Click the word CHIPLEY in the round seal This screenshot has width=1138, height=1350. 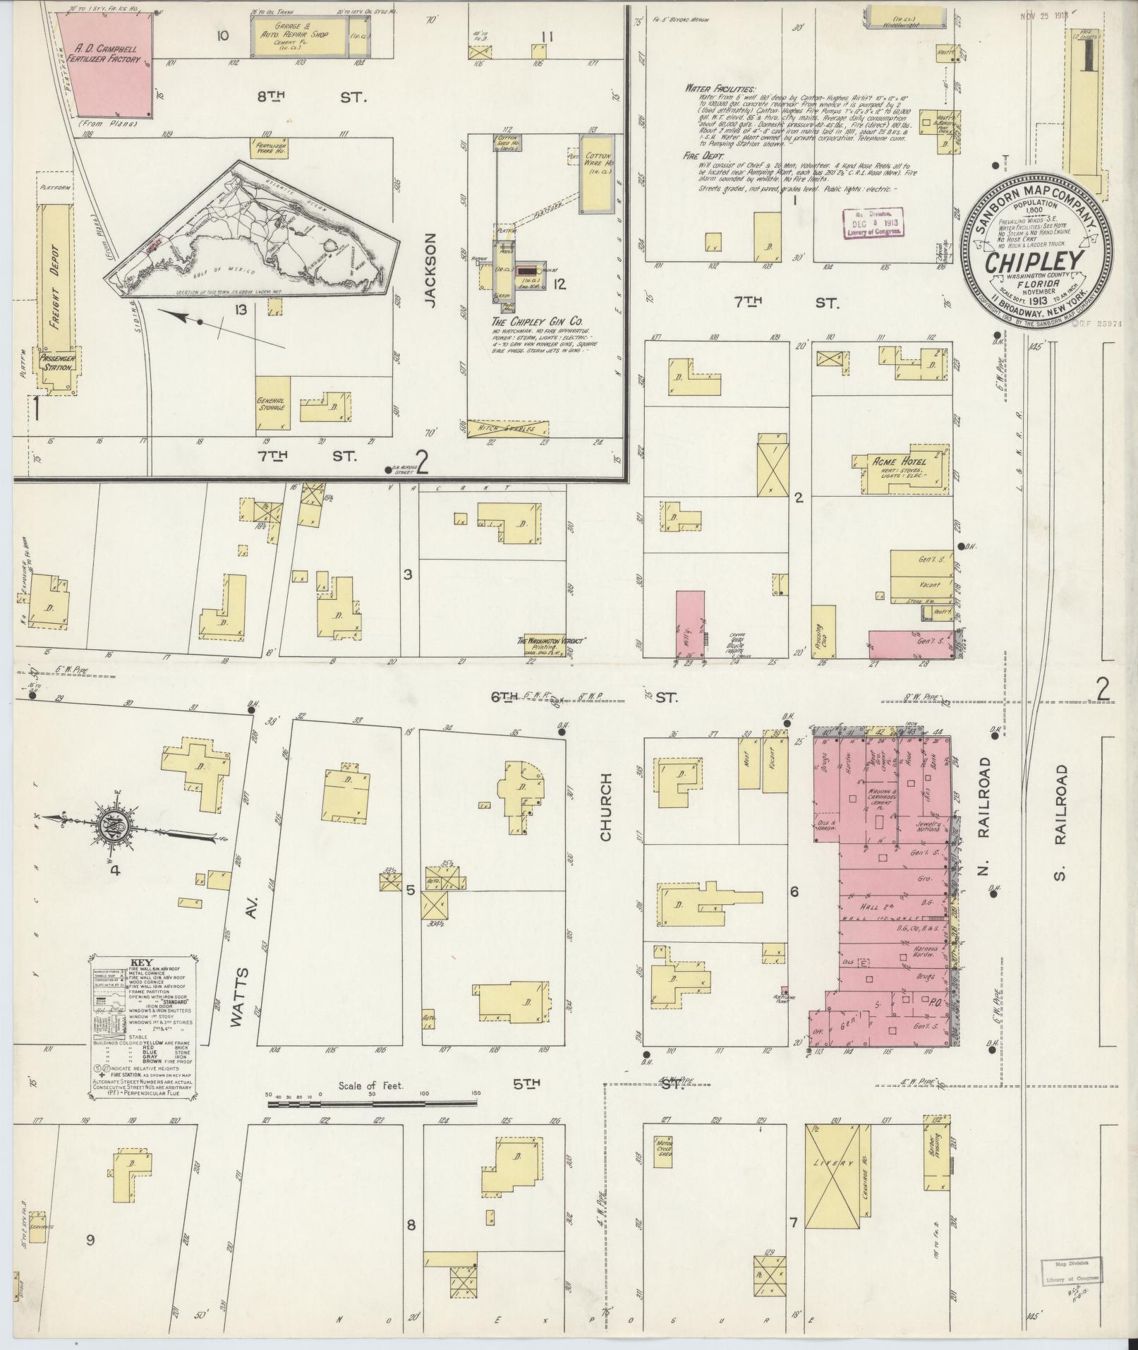click(x=1034, y=262)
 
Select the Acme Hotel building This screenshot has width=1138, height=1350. click(x=902, y=469)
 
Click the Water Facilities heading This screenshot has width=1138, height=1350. click(x=720, y=90)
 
